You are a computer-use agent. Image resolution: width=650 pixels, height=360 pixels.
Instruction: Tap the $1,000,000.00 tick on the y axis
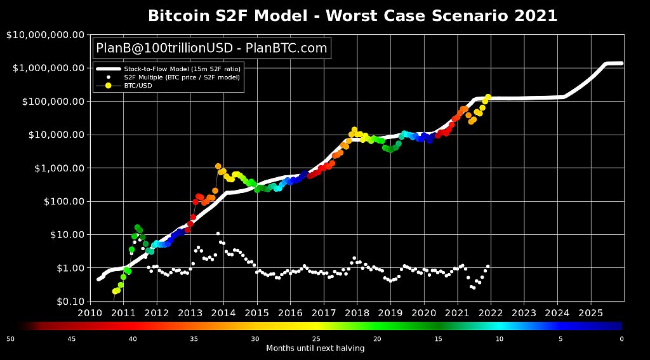48,68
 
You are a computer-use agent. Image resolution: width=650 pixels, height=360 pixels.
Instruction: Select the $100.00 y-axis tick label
64,201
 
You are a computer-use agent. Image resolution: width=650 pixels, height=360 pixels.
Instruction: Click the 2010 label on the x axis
90,312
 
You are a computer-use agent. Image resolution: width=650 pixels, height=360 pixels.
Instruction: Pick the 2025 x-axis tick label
591,312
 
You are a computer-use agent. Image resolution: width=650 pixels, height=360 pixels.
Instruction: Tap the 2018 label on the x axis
357,312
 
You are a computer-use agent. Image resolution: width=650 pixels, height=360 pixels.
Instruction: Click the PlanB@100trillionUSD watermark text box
211,48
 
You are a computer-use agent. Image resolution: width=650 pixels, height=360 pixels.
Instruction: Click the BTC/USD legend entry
124,86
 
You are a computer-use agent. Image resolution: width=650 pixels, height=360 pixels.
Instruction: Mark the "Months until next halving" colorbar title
315,348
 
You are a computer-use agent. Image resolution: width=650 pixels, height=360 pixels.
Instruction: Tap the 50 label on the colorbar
10,339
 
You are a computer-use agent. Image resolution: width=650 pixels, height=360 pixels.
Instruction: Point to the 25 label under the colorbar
316,339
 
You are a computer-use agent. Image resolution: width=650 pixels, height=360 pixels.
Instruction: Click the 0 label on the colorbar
622,339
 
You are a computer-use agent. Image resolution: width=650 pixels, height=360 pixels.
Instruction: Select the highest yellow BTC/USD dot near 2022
488,97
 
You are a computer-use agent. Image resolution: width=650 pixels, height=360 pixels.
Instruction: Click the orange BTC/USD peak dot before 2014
218,166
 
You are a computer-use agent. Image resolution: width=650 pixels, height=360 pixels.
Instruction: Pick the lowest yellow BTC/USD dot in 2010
115,291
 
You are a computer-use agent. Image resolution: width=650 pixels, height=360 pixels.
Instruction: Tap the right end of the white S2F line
622,63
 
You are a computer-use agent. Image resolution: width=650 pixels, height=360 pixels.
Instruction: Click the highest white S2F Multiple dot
218,234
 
